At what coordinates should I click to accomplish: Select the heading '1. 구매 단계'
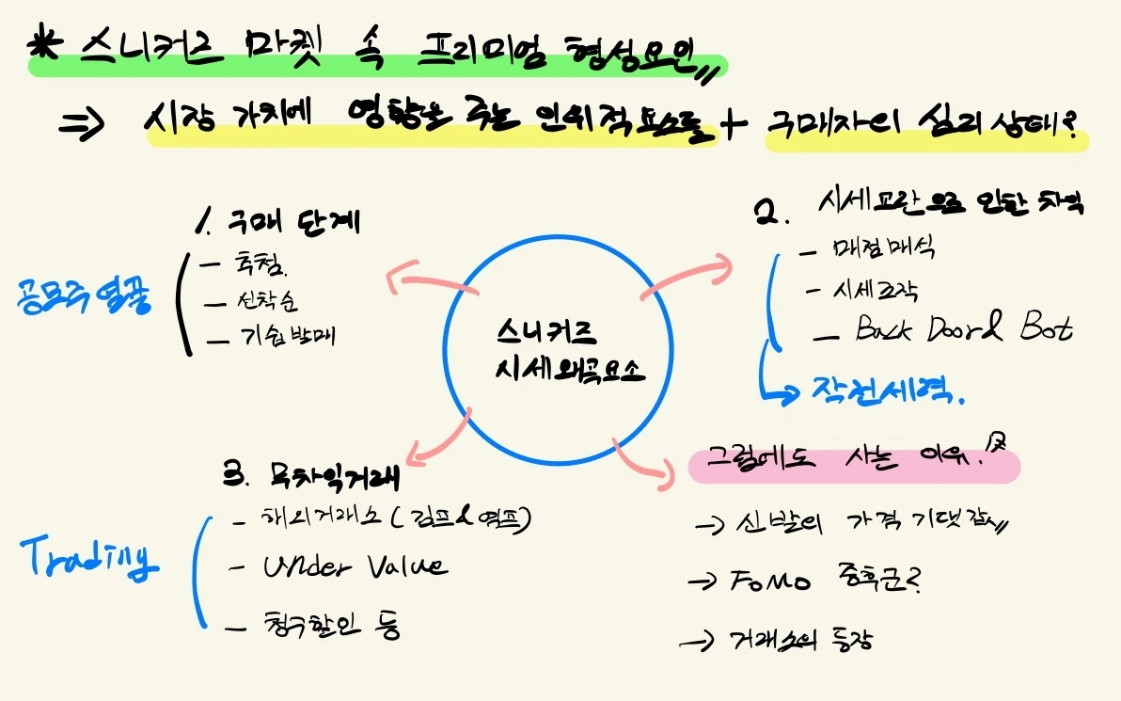coord(279,223)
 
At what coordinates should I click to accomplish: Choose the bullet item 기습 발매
coord(287,338)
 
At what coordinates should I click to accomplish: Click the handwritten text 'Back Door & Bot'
coord(962,329)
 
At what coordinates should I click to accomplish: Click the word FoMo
coord(769,583)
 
